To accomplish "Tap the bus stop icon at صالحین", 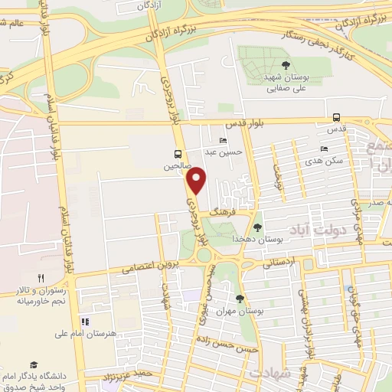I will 178,152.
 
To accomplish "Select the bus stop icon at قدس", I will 337,117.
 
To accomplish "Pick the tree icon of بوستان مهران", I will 240,299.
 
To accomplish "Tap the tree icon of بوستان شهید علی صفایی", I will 285,65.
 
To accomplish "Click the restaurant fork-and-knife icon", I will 41,279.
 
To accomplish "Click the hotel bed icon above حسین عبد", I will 222,140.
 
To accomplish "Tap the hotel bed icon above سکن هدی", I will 324,149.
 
